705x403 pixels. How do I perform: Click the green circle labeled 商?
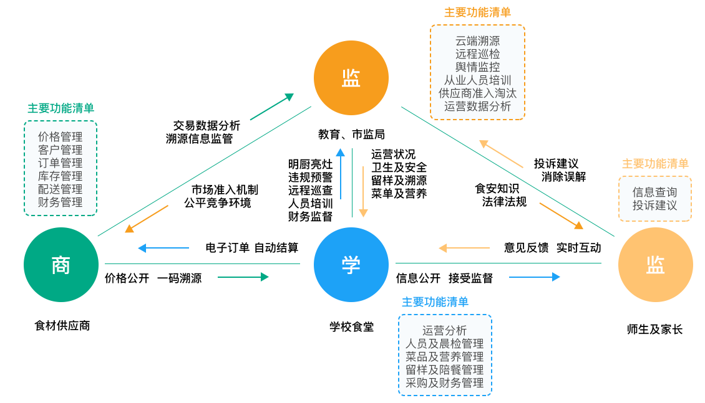pyautogui.click(x=61, y=265)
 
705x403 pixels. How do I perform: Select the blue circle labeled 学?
pyautogui.click(x=351, y=265)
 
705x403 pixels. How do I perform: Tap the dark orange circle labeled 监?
pyautogui.click(x=351, y=78)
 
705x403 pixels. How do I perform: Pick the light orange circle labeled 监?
pyautogui.click(x=655, y=265)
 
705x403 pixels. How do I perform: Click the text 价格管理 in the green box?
pyautogui.click(x=60, y=136)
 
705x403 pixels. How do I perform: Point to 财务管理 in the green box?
pyautogui.click(x=60, y=202)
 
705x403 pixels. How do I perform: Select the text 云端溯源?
pyautogui.click(x=477, y=41)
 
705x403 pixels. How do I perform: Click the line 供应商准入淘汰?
pyautogui.click(x=477, y=93)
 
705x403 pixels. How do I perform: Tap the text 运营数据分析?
pyautogui.click(x=477, y=107)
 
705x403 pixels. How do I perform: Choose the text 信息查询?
pyautogui.click(x=654, y=192)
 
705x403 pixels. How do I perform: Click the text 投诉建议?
pyautogui.click(x=654, y=206)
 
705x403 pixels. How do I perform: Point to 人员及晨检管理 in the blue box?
pyautogui.click(x=445, y=344)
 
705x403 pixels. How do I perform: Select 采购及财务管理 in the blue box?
pyautogui.click(x=445, y=383)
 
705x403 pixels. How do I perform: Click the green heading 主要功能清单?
pyautogui.click(x=61, y=108)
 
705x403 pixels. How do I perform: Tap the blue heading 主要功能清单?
pyautogui.click(x=435, y=302)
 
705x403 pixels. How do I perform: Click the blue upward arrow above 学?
pyautogui.click(x=340, y=174)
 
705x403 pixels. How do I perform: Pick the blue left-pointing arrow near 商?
pyautogui.click(x=163, y=248)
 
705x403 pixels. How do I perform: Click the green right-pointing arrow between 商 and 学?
pyautogui.click(x=243, y=277)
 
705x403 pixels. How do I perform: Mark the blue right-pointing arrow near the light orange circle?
pyautogui.click(x=535, y=277)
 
